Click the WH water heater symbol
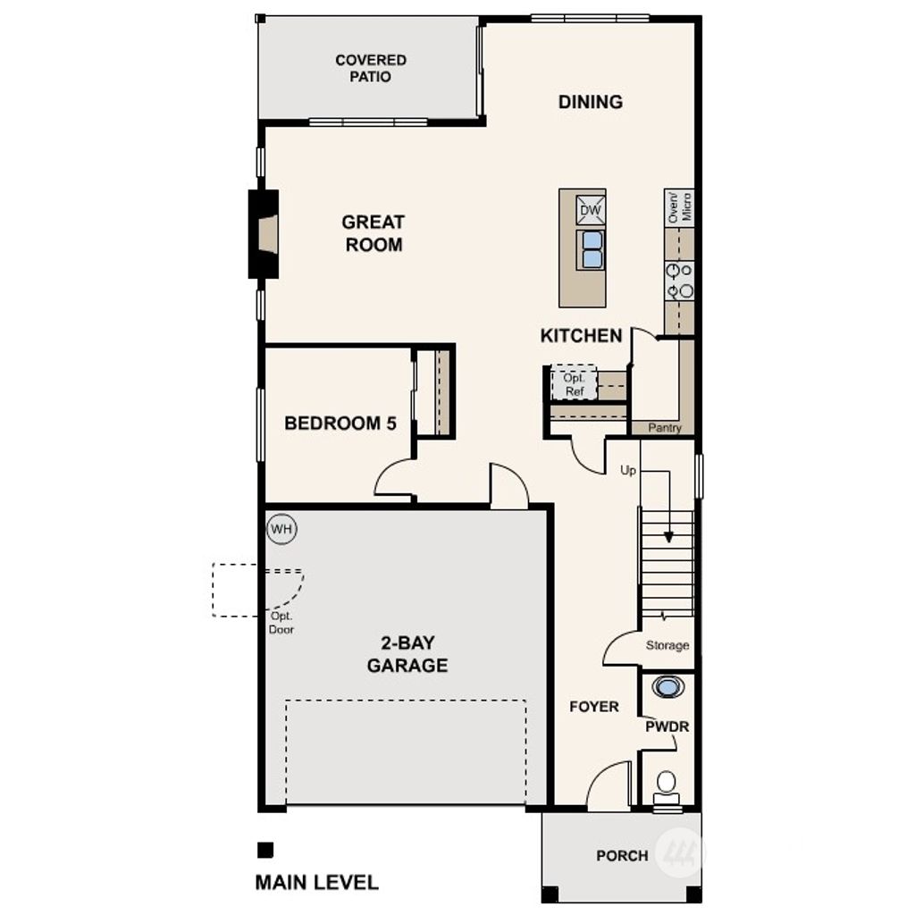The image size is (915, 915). click(281, 529)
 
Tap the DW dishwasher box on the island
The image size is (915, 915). click(591, 211)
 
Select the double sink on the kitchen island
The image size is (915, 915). click(591, 249)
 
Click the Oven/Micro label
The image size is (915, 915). click(679, 206)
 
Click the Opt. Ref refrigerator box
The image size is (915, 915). click(573, 383)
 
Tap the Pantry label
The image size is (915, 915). click(664, 428)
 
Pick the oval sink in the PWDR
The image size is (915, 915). click(667, 687)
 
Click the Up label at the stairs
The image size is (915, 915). click(628, 471)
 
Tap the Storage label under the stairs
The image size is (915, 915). click(667, 645)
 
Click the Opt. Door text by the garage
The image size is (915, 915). click(281, 623)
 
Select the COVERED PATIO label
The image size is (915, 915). click(371, 69)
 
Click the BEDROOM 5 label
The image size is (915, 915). click(340, 424)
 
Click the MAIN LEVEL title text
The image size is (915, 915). click(316, 883)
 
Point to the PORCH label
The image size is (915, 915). click(622, 856)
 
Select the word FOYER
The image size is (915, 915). click(593, 707)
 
